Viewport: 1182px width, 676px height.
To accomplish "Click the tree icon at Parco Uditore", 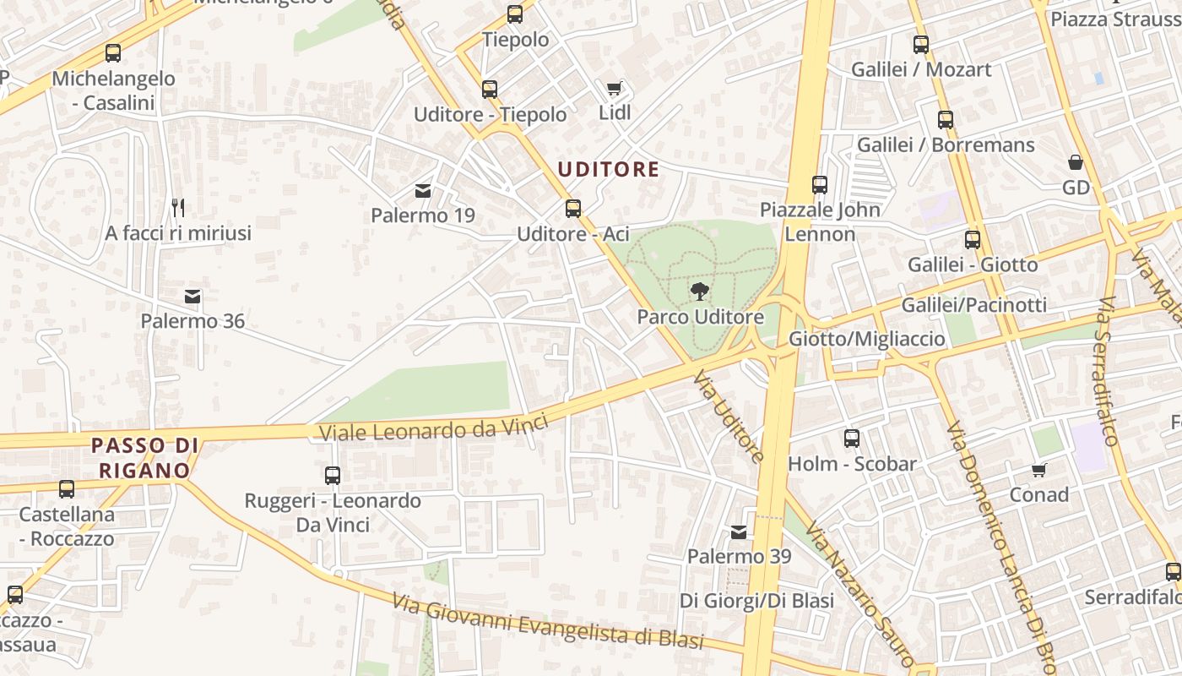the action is tap(699, 292).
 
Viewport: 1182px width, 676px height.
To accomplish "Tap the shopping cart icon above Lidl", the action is tap(615, 88).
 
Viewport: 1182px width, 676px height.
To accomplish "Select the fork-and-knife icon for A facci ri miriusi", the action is tap(178, 207).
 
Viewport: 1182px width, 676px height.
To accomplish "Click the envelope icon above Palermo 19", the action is tap(423, 191).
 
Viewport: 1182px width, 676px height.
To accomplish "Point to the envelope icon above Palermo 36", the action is tap(192, 297).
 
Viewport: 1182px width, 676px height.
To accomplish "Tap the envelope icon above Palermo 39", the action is tap(739, 532).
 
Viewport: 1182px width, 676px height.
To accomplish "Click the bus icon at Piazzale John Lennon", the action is tap(819, 184).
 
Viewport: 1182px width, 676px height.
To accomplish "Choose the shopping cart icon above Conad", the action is tap(1038, 470).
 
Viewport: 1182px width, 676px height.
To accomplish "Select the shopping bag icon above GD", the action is tap(1076, 162).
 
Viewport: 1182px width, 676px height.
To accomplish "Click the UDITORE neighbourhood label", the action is tap(608, 169).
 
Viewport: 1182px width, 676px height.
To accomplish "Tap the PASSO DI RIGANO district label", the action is tap(144, 457).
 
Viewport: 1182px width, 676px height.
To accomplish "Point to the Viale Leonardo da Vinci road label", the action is tap(434, 428).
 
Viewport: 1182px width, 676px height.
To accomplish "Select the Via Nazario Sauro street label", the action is tap(858, 591).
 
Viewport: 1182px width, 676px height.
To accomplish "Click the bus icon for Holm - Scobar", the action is tap(851, 439).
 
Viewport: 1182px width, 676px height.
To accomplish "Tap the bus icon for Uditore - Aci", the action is tap(573, 208).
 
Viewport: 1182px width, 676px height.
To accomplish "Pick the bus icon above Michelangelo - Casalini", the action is tap(112, 53).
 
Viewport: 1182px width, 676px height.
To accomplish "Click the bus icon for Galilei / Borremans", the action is tap(945, 120).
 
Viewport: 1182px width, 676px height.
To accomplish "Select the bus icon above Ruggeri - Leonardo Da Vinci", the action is tap(333, 476).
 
